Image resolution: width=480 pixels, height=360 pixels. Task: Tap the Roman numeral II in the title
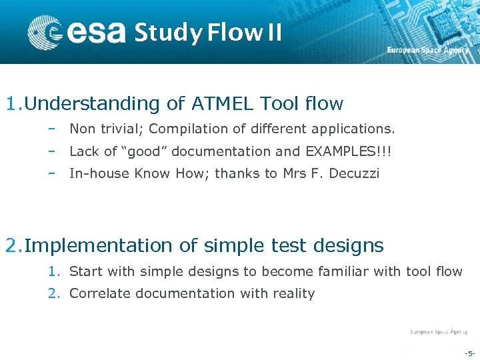[274, 32]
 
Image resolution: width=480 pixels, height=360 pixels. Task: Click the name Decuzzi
[355, 174]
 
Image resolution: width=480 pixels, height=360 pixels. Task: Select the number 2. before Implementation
[13, 246]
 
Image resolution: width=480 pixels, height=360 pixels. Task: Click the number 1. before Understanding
[13, 104]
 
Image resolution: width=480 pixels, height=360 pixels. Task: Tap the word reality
[291, 293]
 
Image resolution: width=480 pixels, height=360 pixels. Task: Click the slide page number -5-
[469, 353]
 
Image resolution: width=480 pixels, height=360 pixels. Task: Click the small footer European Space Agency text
[438, 331]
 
